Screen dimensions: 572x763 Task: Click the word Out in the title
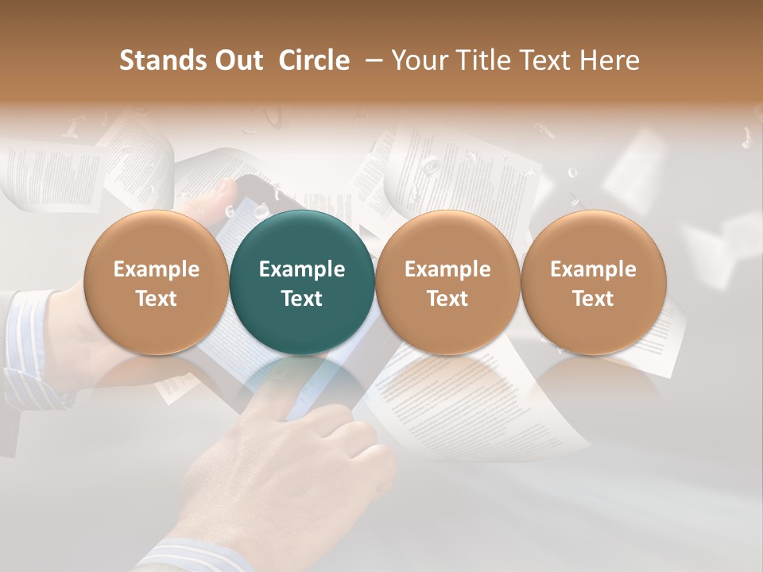point(236,60)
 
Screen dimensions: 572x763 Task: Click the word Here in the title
point(610,60)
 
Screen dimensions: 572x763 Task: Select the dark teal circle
point(302,282)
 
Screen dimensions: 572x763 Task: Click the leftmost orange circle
point(157,282)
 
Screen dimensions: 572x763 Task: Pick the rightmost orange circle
point(593,282)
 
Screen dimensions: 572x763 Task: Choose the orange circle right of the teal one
point(447,282)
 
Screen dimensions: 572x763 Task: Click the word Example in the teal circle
point(302,269)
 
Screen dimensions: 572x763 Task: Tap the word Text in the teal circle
point(302,299)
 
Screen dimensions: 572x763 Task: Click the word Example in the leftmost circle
point(157,269)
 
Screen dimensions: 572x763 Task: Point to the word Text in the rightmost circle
point(593,299)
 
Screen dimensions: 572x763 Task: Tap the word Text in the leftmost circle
point(157,299)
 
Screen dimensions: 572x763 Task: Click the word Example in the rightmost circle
point(593,269)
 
